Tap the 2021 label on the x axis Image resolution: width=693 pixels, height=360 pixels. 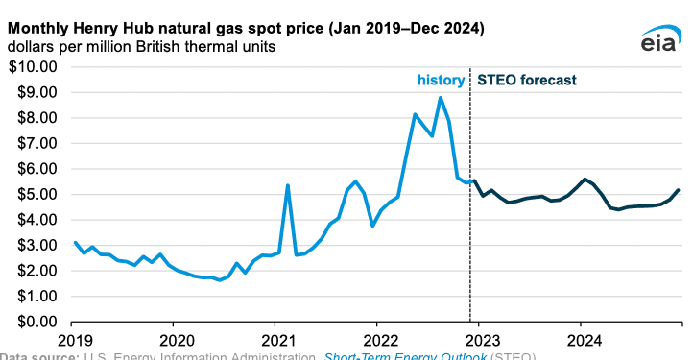(276, 340)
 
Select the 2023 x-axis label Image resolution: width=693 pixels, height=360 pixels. (481, 340)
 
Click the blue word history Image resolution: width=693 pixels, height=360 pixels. (440, 80)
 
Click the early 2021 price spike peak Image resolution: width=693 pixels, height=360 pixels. (287, 185)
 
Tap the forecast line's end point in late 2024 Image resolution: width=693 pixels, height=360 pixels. (679, 190)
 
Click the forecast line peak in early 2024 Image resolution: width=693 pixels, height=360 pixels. (585, 179)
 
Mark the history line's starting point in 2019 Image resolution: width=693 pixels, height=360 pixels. (75, 242)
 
